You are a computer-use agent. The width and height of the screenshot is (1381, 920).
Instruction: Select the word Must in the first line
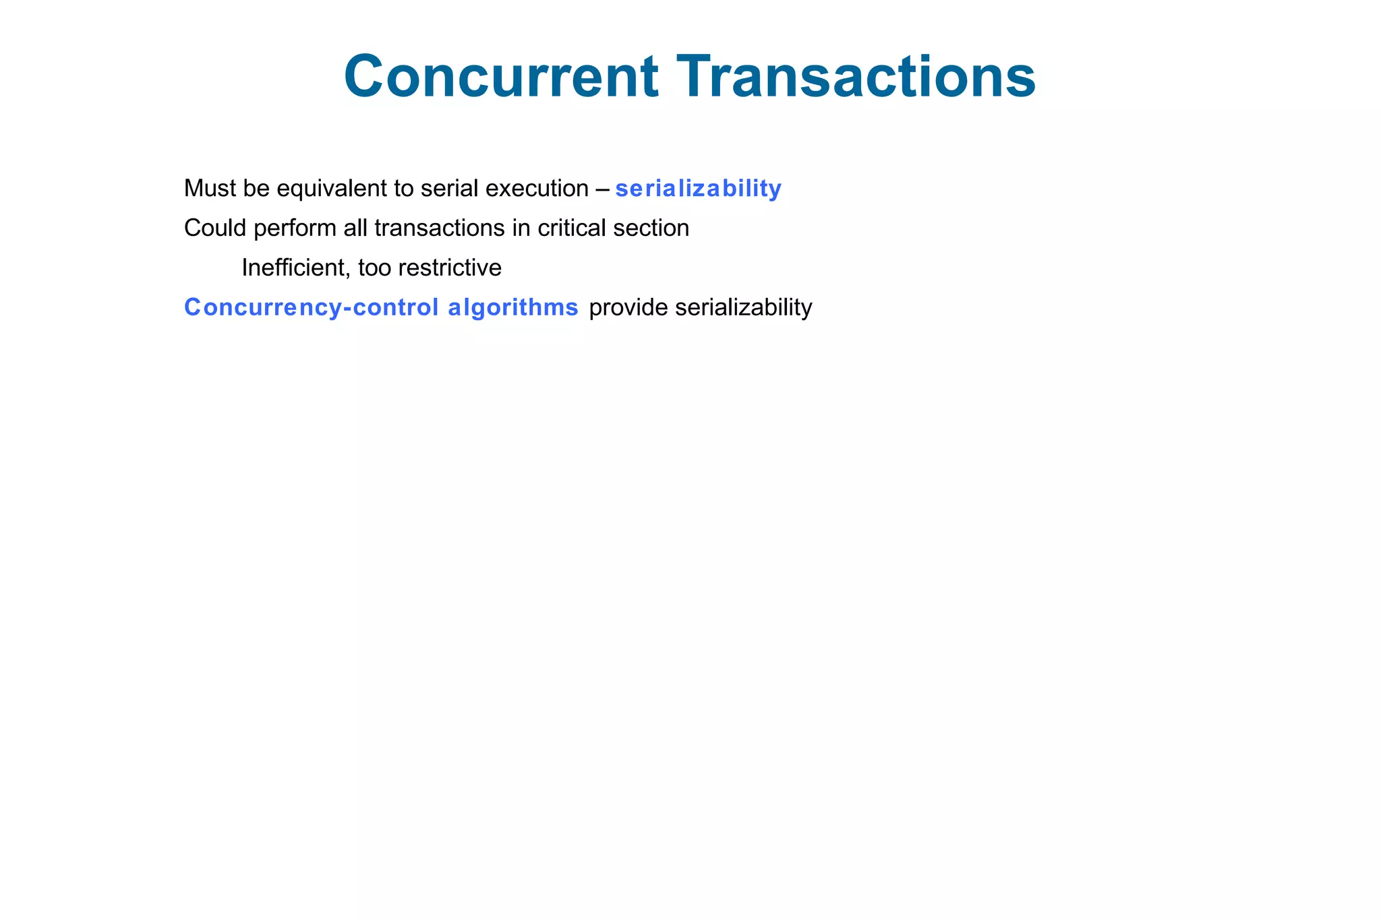coord(209,189)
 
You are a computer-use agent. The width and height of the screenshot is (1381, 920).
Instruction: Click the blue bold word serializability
coord(698,189)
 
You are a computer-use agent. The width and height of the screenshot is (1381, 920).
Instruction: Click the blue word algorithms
coord(512,308)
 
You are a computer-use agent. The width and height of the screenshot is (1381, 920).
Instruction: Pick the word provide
coord(628,308)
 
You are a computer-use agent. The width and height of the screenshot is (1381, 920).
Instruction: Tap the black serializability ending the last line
coord(743,308)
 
